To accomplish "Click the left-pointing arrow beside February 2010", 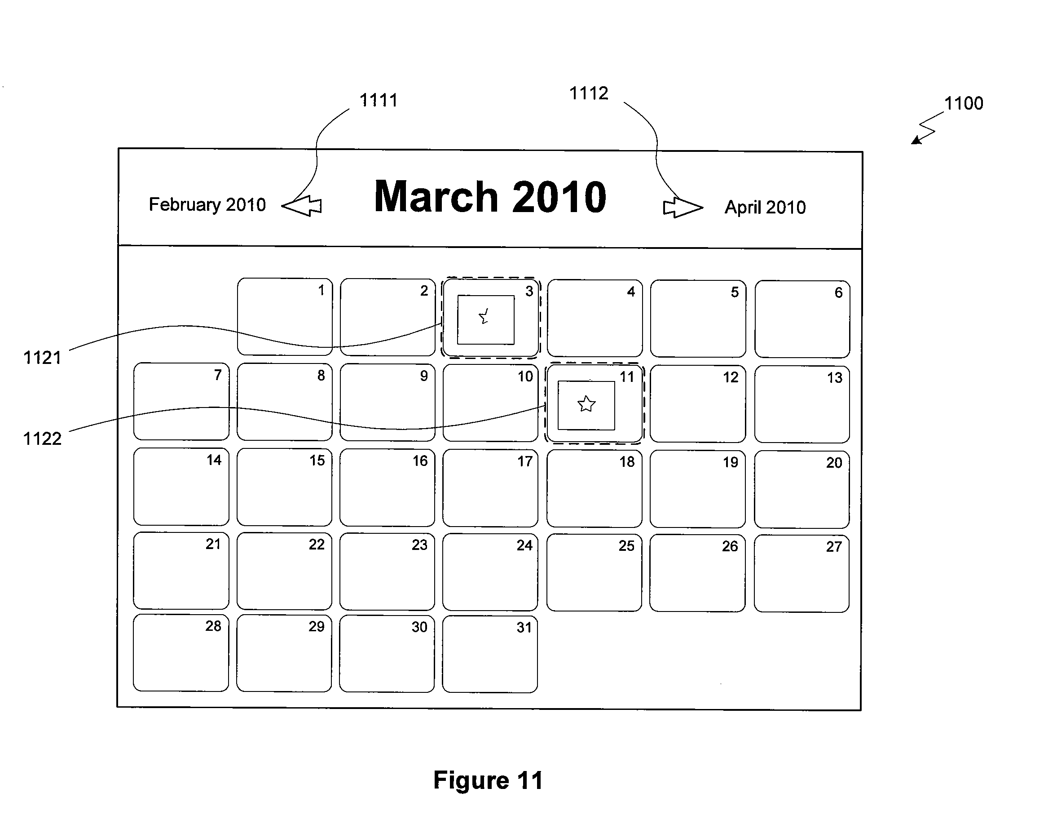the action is click(302, 206).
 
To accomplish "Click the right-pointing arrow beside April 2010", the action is click(683, 207).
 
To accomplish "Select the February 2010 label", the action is click(207, 204).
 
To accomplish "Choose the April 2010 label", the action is click(765, 207).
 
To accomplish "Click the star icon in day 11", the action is click(586, 404).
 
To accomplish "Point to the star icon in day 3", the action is click(484, 316).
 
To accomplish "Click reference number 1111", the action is click(379, 100).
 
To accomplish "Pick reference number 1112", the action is click(589, 93).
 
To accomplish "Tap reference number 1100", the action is click(964, 103).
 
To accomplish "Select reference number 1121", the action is click(42, 358).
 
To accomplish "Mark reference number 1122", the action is click(42, 439).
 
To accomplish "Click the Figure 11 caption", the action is click(488, 780).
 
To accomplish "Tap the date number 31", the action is click(524, 628).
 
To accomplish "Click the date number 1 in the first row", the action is click(321, 291).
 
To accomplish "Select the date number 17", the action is click(525, 461).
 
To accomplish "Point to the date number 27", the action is click(834, 547).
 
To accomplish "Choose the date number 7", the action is click(218, 375).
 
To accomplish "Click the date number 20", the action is click(834, 463).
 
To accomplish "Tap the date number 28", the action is click(213, 626).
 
